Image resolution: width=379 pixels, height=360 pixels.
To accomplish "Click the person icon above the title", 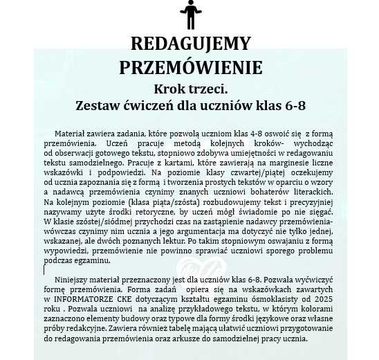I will pyautogui.click(x=189, y=15).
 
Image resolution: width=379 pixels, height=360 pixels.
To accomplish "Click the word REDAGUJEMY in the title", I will pyautogui.click(x=190, y=45).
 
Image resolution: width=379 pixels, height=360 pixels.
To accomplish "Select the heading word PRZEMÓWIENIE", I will pyautogui.click(x=190, y=67).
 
